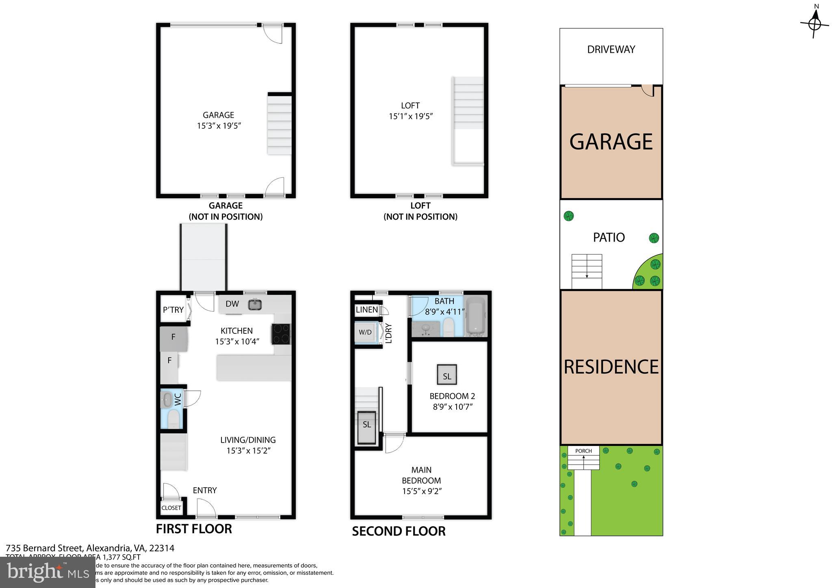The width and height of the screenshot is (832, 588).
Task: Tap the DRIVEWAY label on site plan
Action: tap(611, 50)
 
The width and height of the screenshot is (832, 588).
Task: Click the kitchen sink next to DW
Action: tap(255, 304)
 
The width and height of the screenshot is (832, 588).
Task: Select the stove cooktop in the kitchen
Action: tap(282, 333)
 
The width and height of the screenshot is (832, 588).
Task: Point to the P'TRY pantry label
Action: tap(173, 310)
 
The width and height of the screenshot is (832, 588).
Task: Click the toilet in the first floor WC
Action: tap(173, 419)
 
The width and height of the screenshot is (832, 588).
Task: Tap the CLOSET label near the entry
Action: tap(171, 508)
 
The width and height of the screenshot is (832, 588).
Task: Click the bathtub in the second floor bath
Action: tap(476, 316)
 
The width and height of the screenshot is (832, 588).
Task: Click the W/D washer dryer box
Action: tap(365, 332)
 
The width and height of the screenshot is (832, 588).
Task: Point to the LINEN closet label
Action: tap(366, 310)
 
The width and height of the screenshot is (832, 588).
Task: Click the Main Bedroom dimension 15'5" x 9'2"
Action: tap(422, 491)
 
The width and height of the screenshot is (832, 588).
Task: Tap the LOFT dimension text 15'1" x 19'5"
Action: tap(410, 116)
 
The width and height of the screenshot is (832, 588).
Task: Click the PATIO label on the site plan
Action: tap(609, 237)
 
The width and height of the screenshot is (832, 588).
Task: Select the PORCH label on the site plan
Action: tap(583, 451)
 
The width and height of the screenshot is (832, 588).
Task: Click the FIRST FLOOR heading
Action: tap(194, 529)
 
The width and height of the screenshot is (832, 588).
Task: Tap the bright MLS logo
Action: tap(48, 573)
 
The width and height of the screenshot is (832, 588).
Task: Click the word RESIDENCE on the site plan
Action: tap(611, 367)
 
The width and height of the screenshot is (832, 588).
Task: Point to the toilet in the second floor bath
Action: tap(448, 327)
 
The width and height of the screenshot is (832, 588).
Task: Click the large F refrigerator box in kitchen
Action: tap(173, 339)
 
